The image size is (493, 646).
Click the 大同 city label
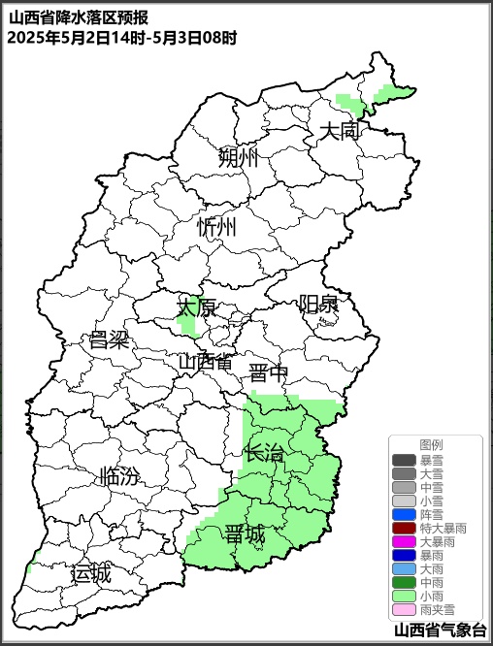(341, 130)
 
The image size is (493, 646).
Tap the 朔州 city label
(239, 157)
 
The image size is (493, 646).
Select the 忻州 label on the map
(216, 228)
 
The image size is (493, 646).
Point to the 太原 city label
(196, 307)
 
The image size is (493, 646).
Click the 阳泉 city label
(318, 305)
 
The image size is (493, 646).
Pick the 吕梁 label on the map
(109, 340)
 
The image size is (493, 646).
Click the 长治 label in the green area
(265, 452)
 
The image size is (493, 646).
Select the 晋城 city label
(245, 534)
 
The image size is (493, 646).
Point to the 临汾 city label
(118, 476)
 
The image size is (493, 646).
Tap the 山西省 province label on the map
(205, 362)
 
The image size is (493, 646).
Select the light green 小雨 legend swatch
(404, 597)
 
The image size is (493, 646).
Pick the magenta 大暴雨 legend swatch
(404, 541)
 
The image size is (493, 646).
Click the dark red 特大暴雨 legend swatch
(404, 528)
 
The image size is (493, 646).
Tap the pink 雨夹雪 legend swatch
(404, 610)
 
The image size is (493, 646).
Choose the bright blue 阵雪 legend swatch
(404, 514)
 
